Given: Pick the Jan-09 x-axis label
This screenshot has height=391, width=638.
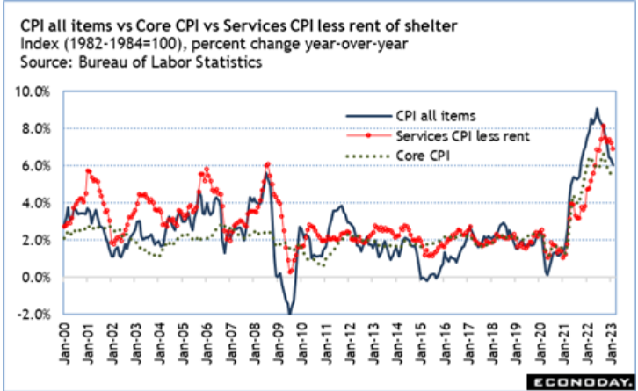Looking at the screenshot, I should [283, 339].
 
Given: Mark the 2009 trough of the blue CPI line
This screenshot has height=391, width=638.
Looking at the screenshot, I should [288, 313].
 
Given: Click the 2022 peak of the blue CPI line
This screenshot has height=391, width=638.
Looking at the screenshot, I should [597, 109].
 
